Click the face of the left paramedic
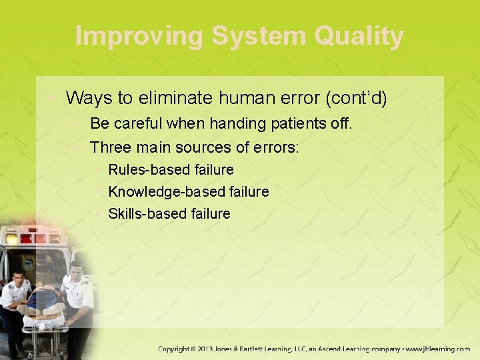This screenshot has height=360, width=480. tap(18, 279)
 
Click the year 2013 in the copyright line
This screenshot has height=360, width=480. tap(206, 349)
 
